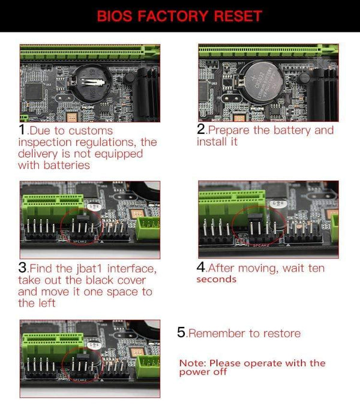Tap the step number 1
[x=22, y=130]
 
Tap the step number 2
[x=200, y=130]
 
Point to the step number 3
[x=22, y=268]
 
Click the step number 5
[x=181, y=333]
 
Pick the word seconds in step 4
[x=216, y=280]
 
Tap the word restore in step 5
[x=283, y=334]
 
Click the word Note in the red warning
[x=192, y=363]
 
